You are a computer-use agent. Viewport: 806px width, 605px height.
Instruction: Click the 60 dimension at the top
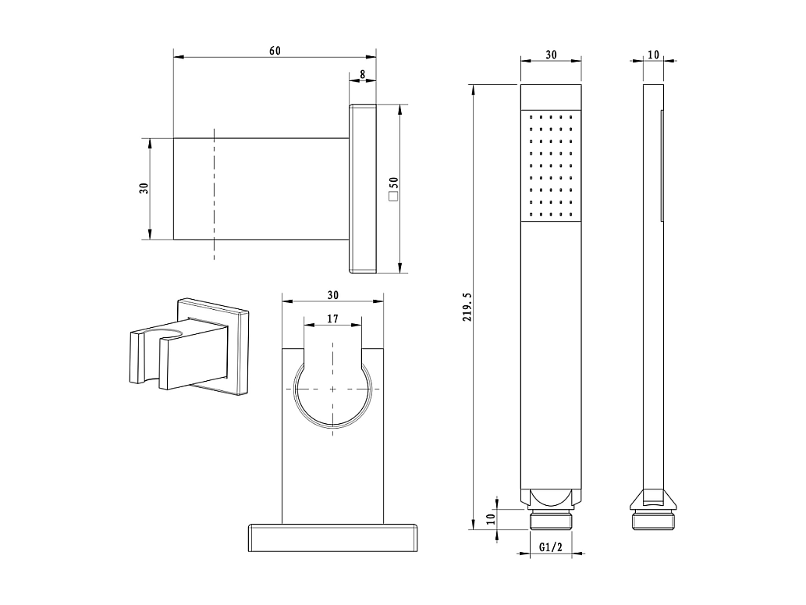275,51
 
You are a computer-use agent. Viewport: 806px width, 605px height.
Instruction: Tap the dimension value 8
362,74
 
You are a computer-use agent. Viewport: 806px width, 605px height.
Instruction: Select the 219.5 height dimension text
467,307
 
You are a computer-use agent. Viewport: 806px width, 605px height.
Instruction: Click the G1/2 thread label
551,547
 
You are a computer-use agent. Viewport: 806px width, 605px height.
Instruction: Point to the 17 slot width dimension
332,319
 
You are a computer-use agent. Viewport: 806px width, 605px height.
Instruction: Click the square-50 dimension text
394,189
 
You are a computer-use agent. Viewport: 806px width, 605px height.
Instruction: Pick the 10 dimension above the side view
653,55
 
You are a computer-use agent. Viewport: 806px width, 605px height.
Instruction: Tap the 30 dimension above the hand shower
551,55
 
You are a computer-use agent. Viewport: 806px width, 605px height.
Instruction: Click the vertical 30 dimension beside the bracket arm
144,188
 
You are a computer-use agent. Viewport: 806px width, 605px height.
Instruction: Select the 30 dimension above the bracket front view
333,295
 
